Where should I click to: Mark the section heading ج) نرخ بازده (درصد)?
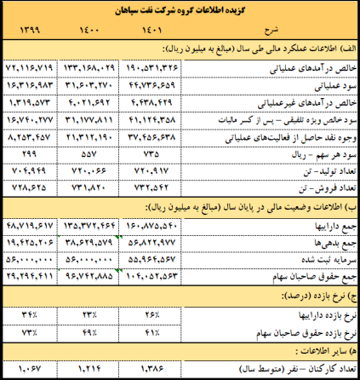pos(314,297)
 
